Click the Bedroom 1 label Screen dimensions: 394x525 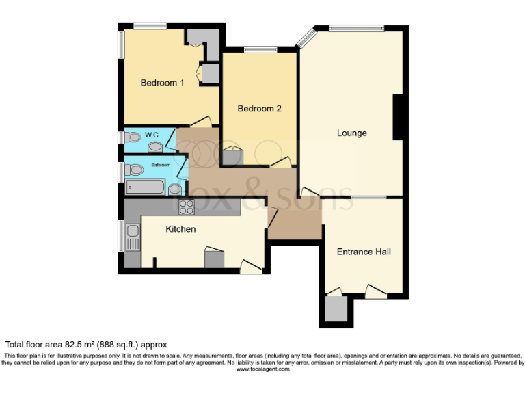[162, 83]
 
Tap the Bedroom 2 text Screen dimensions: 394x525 [259, 109]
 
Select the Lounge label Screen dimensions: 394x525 [351, 133]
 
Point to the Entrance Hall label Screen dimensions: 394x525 [364, 252]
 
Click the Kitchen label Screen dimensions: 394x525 [180, 229]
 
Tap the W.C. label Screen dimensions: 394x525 [152, 135]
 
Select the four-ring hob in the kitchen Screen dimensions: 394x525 [187, 207]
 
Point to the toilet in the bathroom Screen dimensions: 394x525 [134, 169]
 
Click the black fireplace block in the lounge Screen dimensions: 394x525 [397, 118]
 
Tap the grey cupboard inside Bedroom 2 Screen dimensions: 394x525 [232, 157]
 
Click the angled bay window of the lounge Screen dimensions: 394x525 [306, 36]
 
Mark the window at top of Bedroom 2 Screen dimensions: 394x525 [256, 49]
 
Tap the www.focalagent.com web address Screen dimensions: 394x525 [262, 369]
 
